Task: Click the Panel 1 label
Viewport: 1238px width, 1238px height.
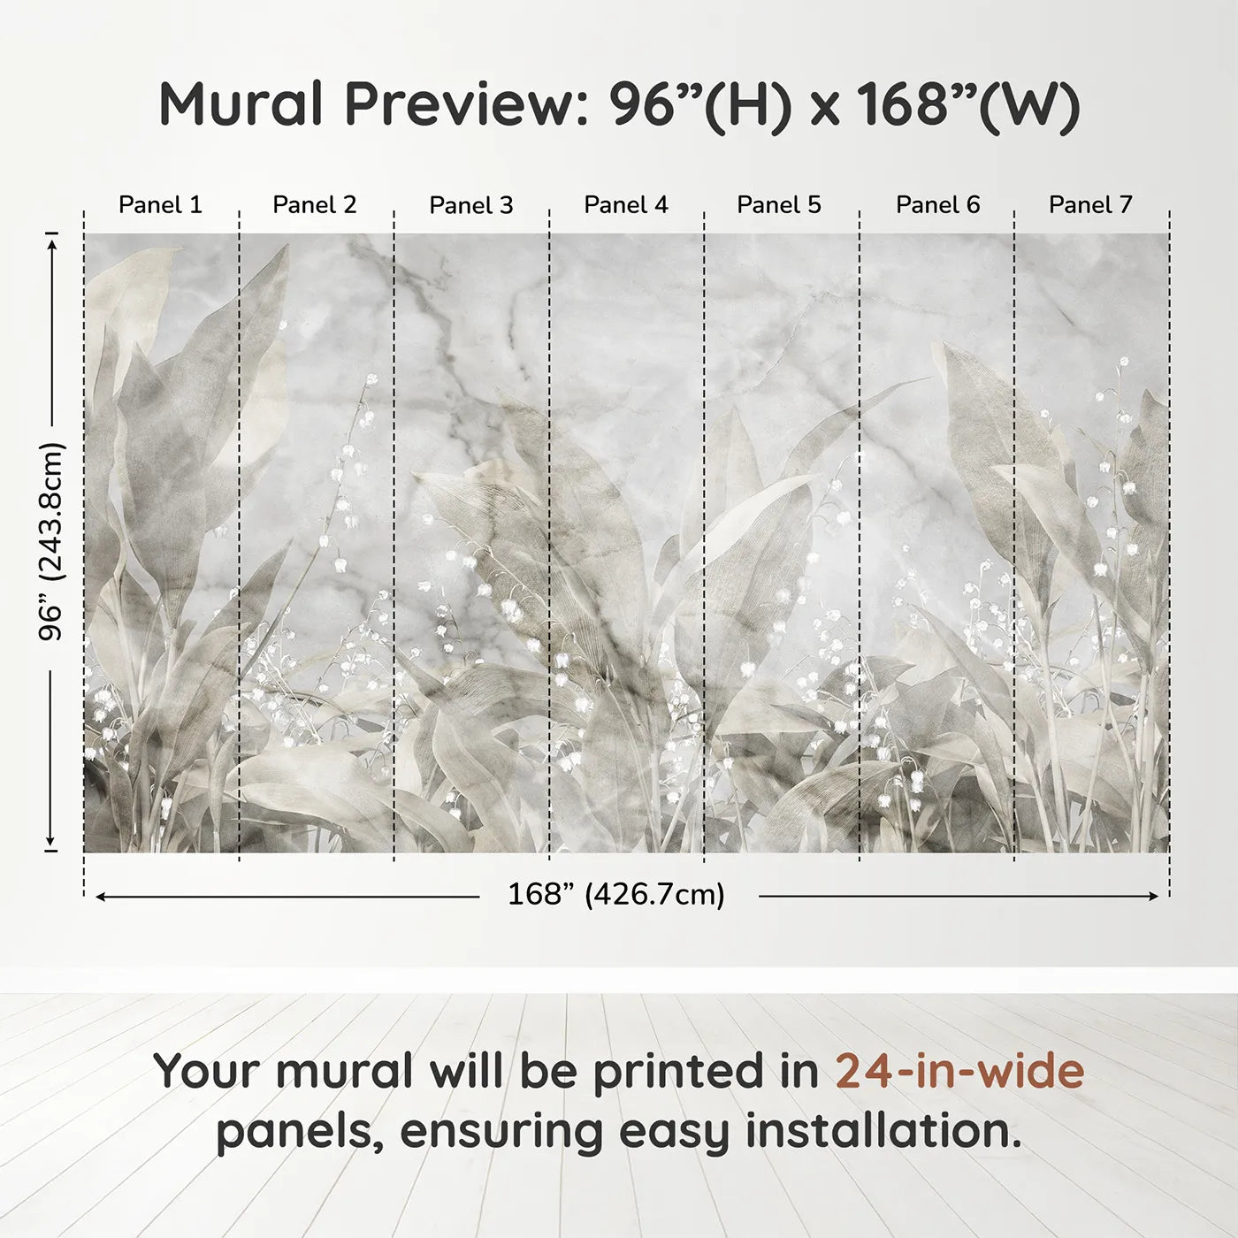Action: pyautogui.click(x=160, y=205)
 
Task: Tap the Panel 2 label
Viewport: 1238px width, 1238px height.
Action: pyautogui.click(x=314, y=205)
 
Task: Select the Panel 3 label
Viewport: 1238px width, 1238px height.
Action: pyautogui.click(x=470, y=206)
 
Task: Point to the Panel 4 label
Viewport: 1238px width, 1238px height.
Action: pyautogui.click(x=625, y=205)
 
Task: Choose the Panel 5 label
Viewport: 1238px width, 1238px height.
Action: pyautogui.click(x=778, y=205)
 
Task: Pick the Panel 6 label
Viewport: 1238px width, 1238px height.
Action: pyautogui.click(x=937, y=205)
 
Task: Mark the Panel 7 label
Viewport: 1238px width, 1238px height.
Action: pyautogui.click(x=1089, y=205)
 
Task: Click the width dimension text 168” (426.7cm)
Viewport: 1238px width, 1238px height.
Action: pyautogui.click(x=615, y=895)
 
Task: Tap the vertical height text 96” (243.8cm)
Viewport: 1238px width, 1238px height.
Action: pyautogui.click(x=51, y=541)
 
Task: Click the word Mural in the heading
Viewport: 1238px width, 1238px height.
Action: pyautogui.click(x=241, y=104)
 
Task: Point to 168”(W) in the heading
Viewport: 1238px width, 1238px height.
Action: pyautogui.click(x=968, y=104)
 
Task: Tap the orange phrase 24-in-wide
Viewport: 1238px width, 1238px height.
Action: pyautogui.click(x=959, y=1071)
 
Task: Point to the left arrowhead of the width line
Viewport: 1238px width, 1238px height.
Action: pyautogui.click(x=101, y=897)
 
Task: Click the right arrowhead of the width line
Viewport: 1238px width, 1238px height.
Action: pyautogui.click(x=1153, y=897)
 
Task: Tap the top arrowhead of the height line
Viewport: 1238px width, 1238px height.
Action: pyautogui.click(x=52, y=240)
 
